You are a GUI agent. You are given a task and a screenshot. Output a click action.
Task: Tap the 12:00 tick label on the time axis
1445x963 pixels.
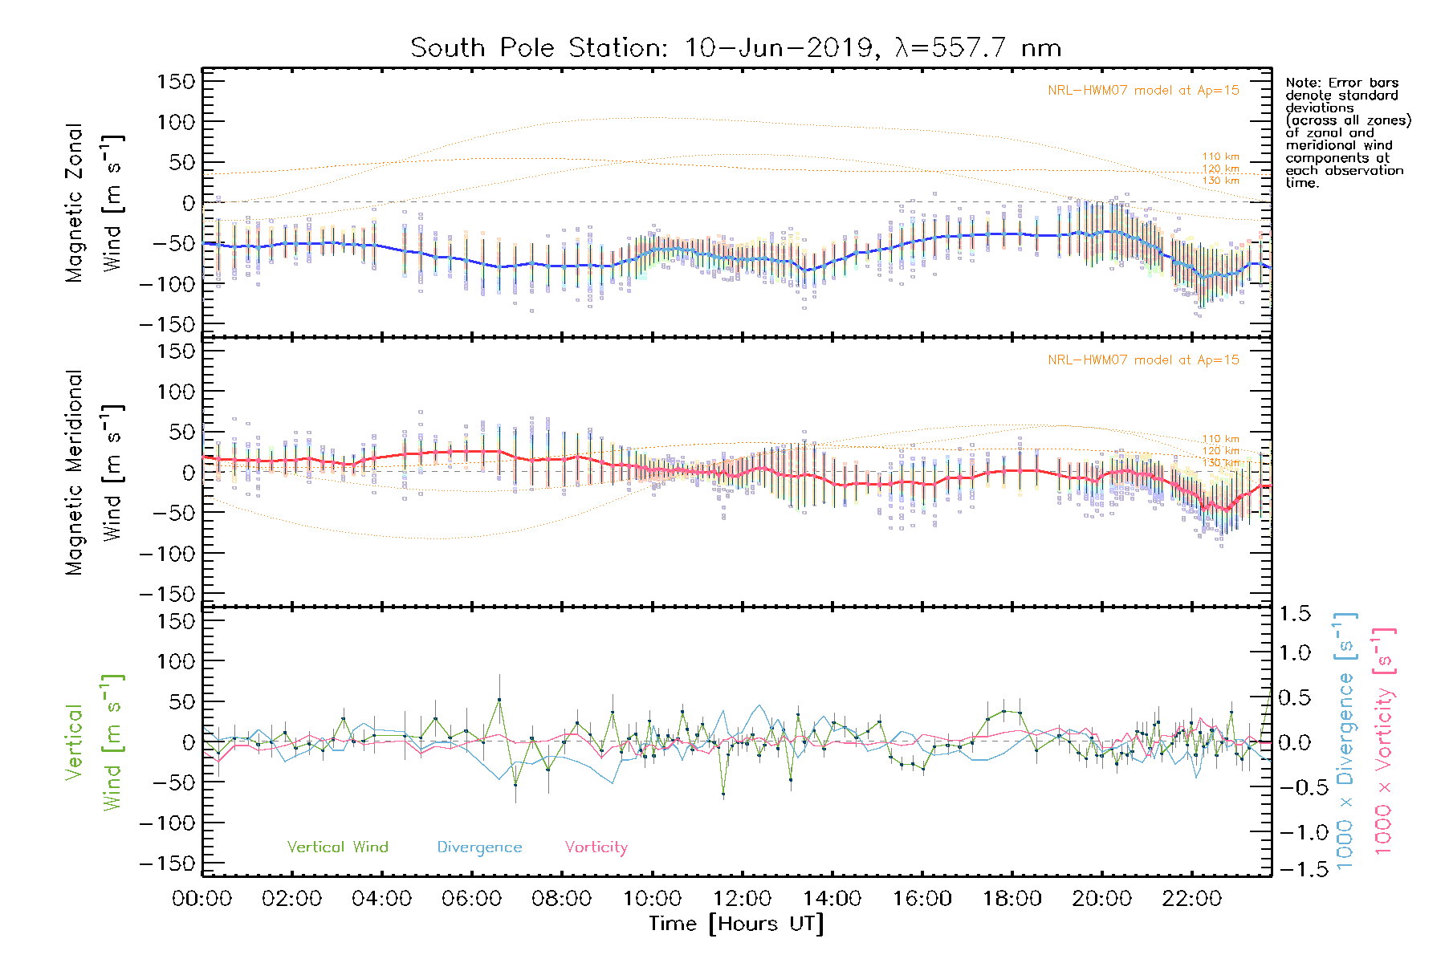tap(742, 899)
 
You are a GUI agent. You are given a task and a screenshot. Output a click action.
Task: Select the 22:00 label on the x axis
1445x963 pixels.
tap(1192, 899)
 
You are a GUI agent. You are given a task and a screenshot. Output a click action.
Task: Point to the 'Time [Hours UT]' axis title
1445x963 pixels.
tap(736, 924)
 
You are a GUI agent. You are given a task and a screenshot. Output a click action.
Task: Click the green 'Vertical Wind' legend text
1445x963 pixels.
tap(337, 847)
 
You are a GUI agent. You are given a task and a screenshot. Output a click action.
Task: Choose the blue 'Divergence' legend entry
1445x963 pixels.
tap(479, 847)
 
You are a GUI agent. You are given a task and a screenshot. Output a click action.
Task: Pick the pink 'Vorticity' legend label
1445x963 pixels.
tap(596, 847)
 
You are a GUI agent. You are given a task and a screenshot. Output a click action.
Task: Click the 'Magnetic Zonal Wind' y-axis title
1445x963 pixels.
tap(94, 203)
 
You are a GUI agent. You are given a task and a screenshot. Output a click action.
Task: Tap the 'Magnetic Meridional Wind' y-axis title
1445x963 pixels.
tap(94, 473)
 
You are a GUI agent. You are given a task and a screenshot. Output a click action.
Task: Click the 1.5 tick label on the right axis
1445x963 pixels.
tap(1294, 614)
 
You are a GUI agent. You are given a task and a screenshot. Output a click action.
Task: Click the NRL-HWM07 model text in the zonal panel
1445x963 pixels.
tap(1143, 91)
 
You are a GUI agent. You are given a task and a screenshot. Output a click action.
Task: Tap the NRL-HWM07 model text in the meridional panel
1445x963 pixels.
tap(1143, 360)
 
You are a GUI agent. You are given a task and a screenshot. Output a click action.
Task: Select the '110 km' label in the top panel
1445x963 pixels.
tap(1220, 157)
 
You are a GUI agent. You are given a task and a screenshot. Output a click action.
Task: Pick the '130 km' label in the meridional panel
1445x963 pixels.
tap(1220, 463)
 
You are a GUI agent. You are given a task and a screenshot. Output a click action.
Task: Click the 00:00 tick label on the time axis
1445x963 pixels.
tap(202, 899)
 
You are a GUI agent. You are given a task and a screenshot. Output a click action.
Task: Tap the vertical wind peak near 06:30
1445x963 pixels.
tap(499, 700)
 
